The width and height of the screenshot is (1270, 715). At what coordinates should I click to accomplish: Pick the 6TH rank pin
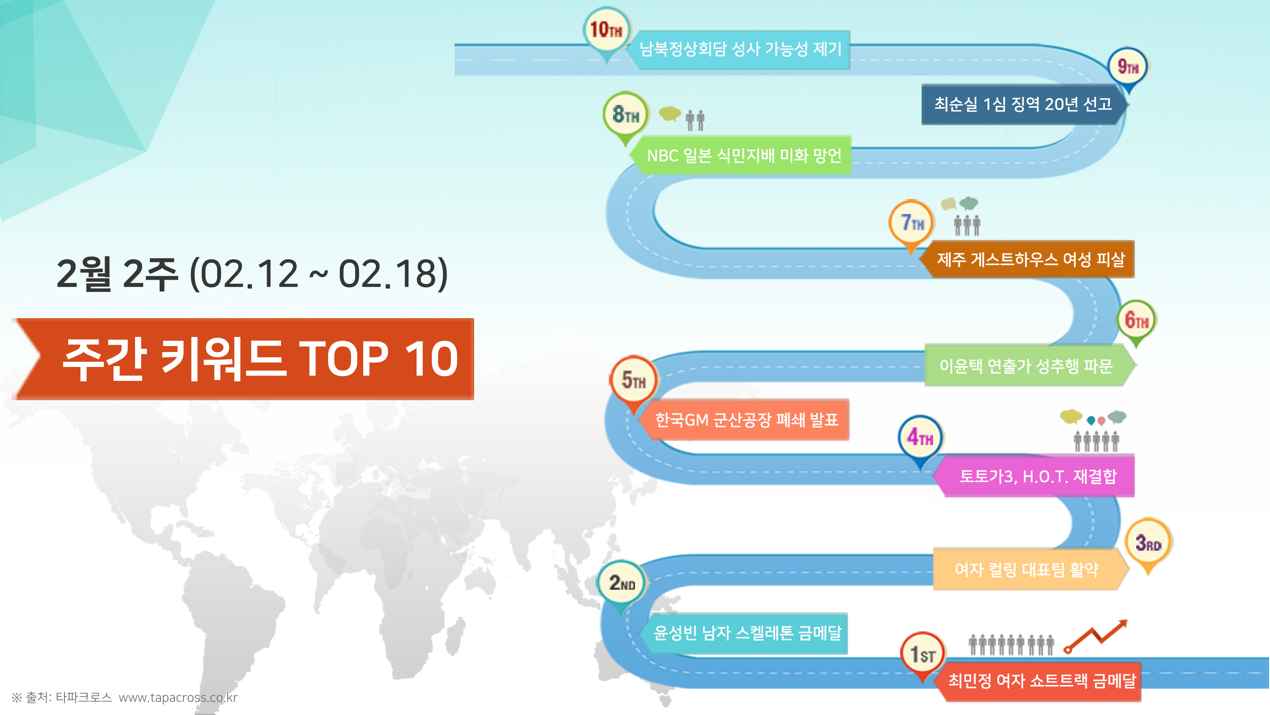click(1136, 321)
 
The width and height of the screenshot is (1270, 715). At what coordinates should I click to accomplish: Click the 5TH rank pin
click(634, 380)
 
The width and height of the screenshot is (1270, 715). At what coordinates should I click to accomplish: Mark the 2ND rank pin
click(621, 583)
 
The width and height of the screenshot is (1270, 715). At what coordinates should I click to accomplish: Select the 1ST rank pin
click(922, 654)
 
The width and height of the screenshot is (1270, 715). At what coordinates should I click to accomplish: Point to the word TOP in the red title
click(344, 359)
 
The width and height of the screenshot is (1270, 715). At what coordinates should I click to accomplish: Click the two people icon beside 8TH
click(695, 120)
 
